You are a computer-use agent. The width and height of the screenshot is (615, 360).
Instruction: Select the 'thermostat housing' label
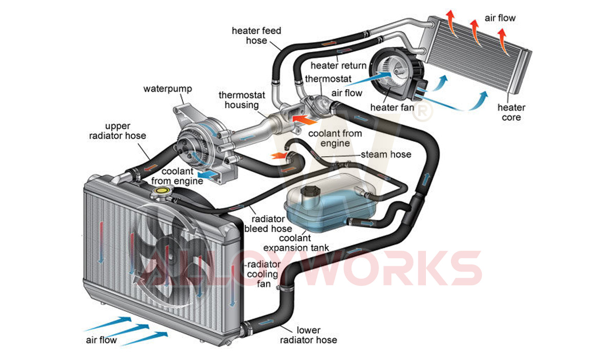point(238,100)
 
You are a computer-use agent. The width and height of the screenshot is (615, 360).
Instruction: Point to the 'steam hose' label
point(386,154)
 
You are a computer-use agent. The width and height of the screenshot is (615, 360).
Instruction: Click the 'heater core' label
point(511,112)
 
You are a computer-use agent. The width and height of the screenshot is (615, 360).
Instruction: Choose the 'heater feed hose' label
point(256,35)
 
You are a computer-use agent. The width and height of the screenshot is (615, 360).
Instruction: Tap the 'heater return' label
point(339,66)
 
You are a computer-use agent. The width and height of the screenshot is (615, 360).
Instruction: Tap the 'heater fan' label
point(391,108)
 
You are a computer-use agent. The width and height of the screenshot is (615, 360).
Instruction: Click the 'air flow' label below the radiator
point(101,340)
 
